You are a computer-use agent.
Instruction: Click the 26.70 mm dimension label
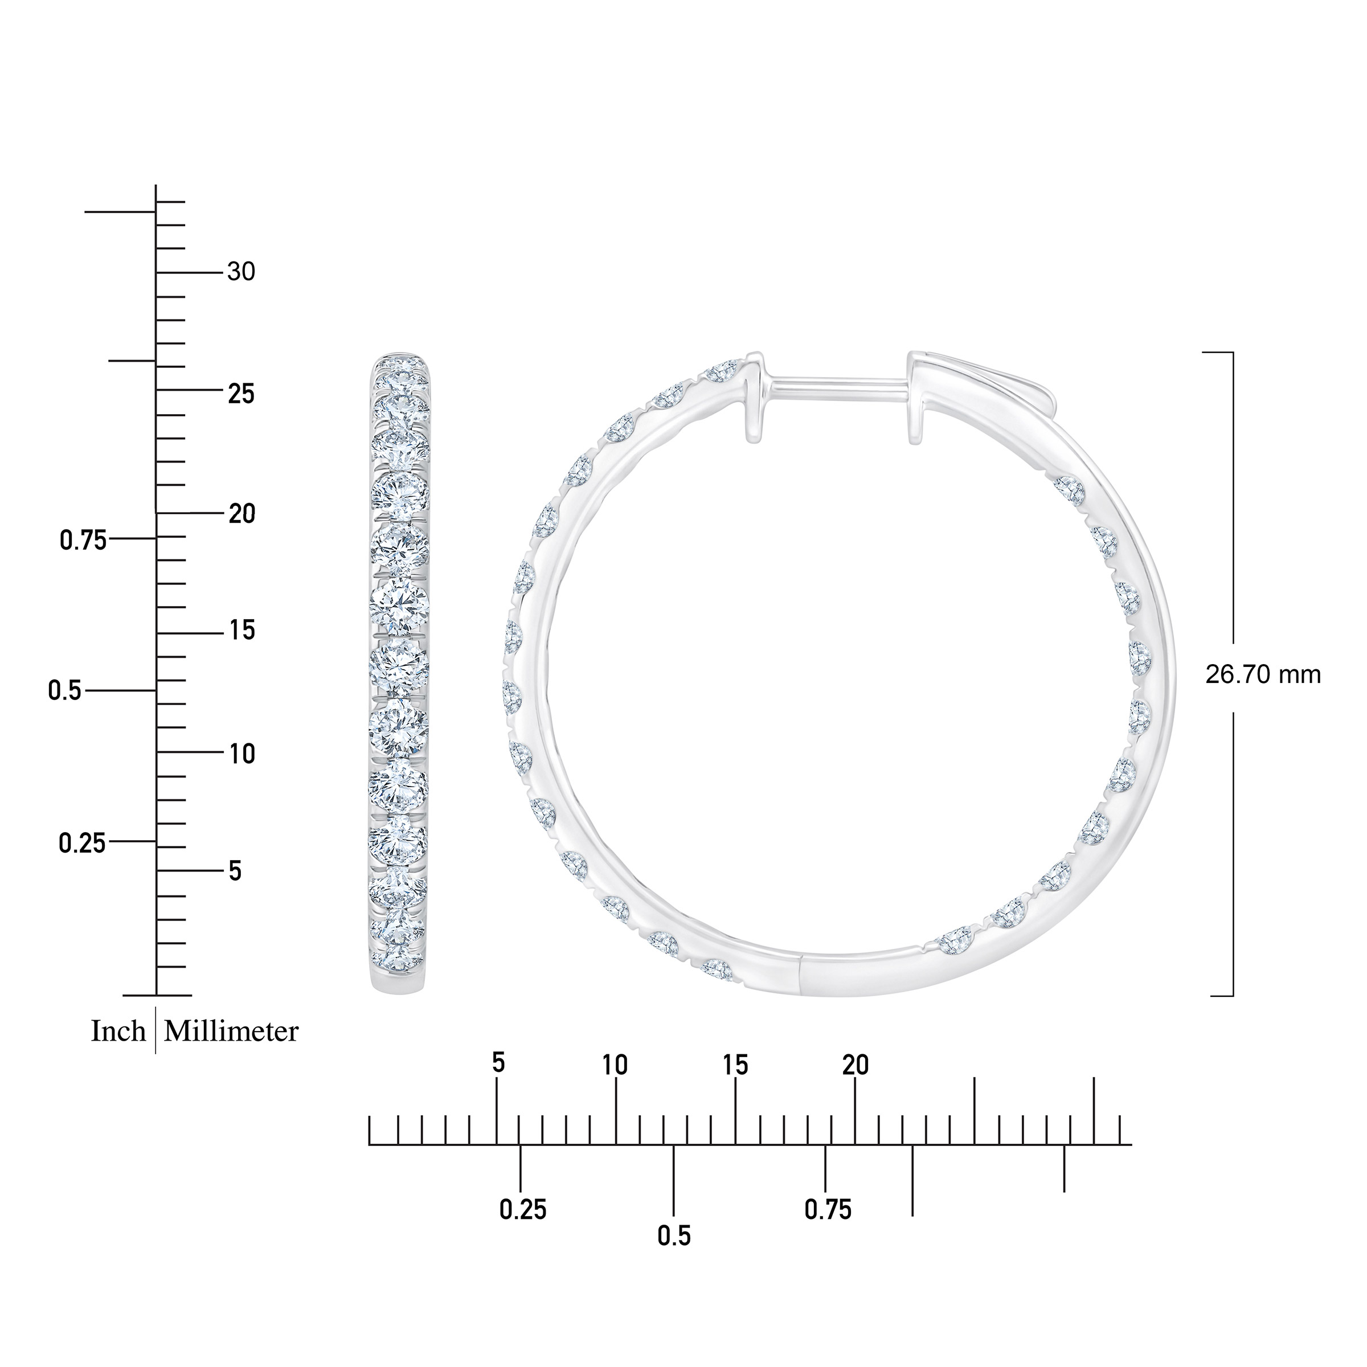click(1263, 675)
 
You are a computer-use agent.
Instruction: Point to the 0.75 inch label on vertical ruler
click(83, 541)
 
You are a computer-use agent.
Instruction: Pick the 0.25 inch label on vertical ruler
click(82, 843)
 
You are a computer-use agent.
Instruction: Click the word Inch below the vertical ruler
click(118, 1032)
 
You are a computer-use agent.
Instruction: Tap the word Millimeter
click(231, 1032)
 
